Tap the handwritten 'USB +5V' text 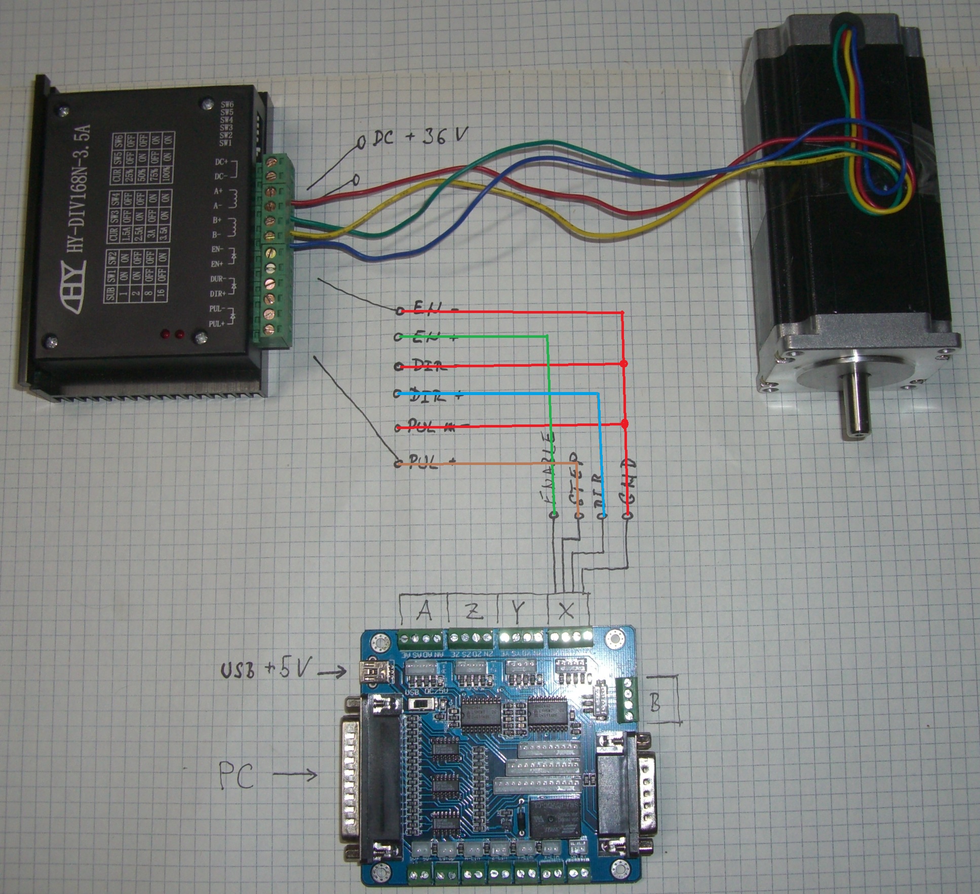tap(264, 670)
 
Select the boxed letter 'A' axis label tap(424, 611)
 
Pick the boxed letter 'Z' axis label tap(473, 611)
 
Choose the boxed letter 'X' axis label tap(566, 611)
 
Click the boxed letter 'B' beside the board tap(655, 703)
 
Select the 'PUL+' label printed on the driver tap(217, 323)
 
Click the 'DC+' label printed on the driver tap(222, 162)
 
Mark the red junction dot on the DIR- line tap(624, 364)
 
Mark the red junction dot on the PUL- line tap(624, 423)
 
